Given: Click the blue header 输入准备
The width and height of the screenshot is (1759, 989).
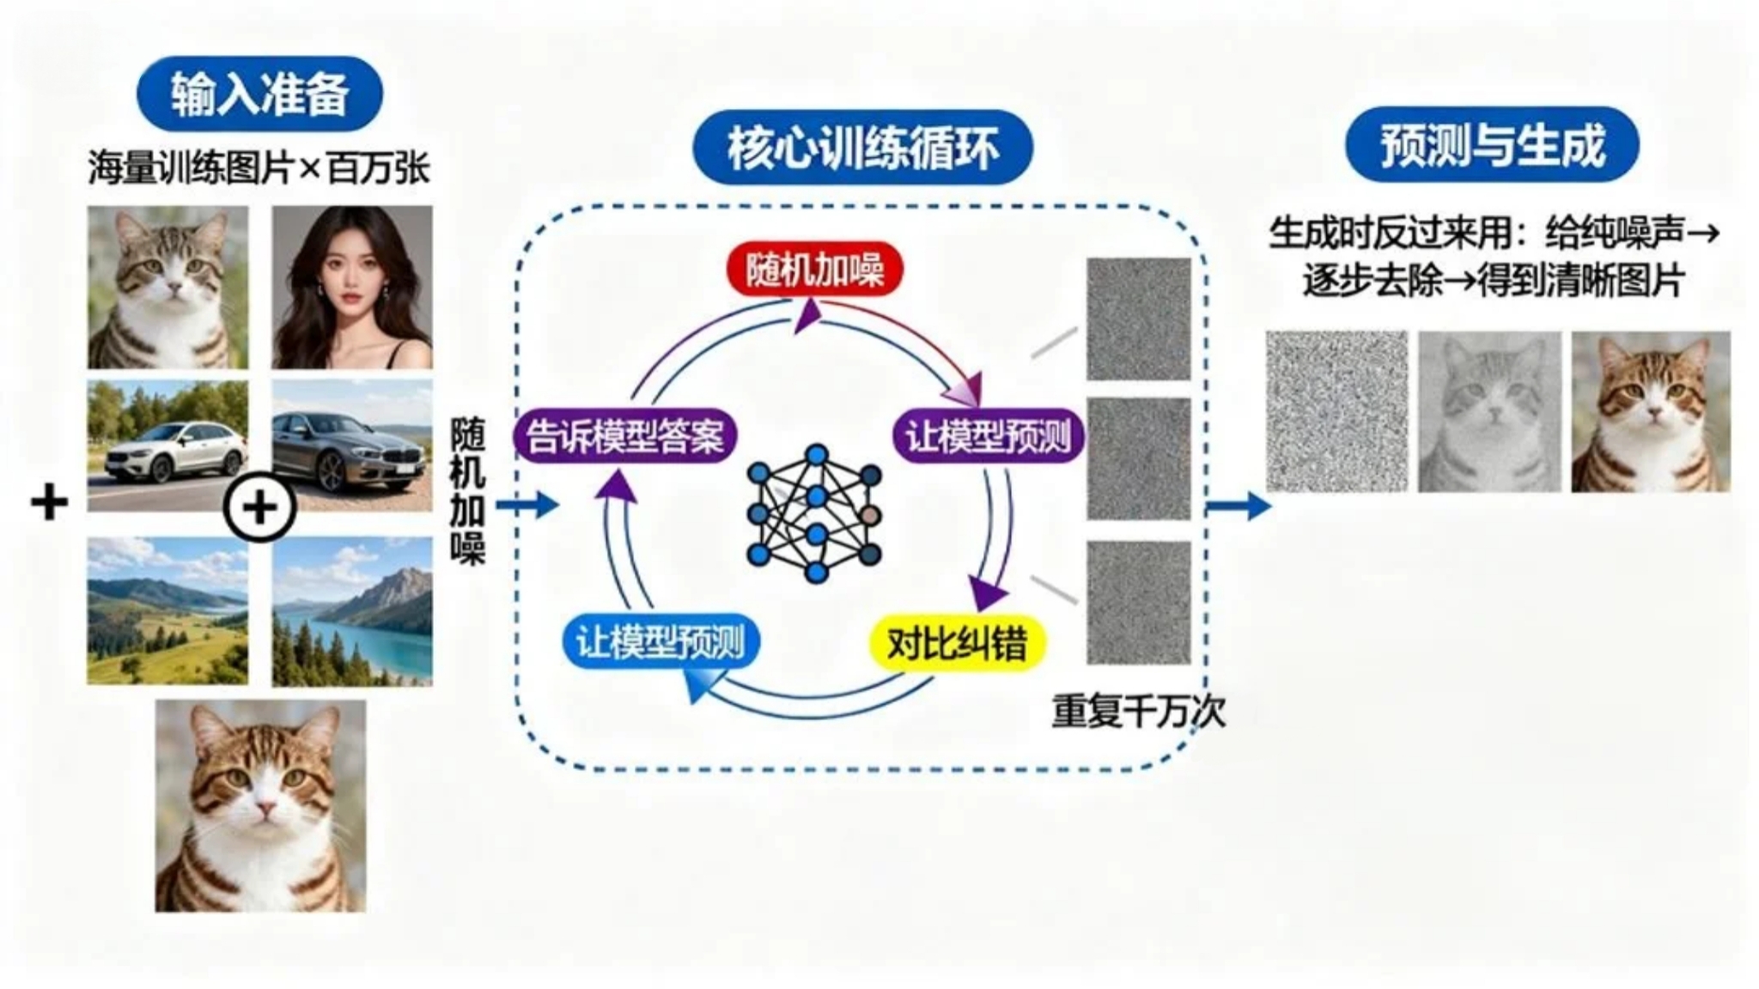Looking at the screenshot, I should coord(259,94).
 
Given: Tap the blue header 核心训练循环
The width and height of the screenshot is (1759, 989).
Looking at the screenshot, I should coord(862,147).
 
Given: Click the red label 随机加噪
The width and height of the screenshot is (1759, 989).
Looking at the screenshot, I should coord(814,270).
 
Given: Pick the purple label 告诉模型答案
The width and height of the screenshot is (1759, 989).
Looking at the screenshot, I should coord(625,437).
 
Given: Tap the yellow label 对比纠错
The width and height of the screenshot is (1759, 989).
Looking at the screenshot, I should coord(957,642).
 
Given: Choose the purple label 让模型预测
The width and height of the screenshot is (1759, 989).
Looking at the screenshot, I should coord(988,437).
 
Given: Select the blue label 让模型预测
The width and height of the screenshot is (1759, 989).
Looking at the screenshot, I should coord(660,642).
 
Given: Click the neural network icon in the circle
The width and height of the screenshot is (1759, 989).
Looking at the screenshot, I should coord(814,513).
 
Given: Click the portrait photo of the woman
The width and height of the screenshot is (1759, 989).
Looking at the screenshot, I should coord(352,288).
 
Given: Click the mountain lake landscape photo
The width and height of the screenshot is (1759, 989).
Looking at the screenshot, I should coord(352,611).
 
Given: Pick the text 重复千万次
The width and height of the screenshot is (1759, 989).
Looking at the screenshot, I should coord(1138,711).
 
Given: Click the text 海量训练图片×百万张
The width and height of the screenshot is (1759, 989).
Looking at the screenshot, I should coord(259,168).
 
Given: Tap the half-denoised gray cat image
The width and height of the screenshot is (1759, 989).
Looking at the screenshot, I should coord(1488,412).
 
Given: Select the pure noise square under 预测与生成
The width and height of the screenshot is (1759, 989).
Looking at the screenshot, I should coord(1336,412).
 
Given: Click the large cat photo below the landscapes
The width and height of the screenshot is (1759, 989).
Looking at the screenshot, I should coord(260,805).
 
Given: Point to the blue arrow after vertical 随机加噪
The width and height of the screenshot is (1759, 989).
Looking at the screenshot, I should coord(526,505).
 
